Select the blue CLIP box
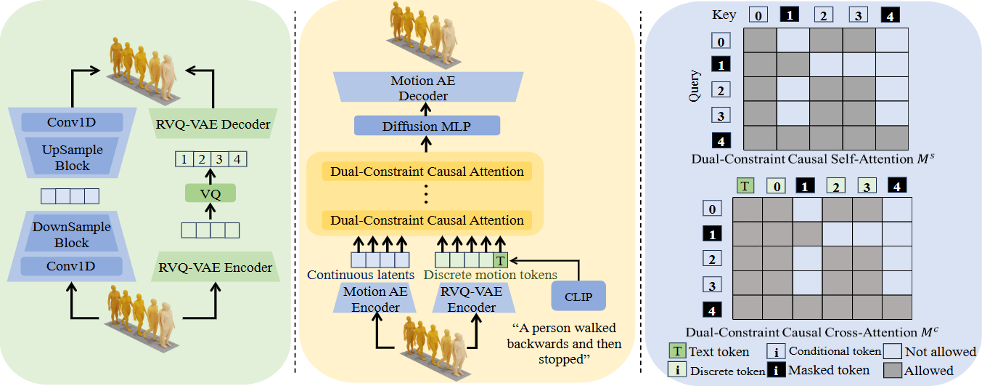578,297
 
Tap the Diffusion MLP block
426,127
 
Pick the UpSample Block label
72,158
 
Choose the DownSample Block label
72,235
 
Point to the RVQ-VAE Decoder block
213,124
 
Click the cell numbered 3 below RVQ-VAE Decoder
219,158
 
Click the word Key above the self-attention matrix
724,15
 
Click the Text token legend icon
677,351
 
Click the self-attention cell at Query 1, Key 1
793,65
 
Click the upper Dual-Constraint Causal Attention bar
427,172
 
